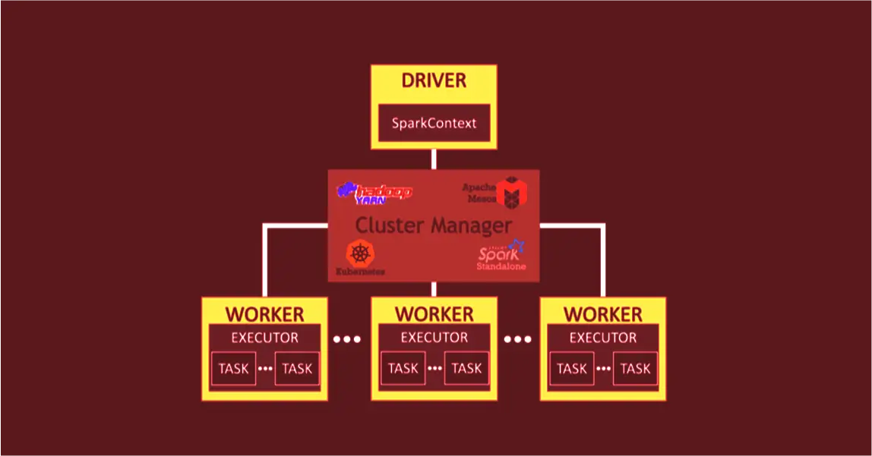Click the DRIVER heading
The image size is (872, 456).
point(434,80)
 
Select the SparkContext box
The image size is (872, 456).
point(434,123)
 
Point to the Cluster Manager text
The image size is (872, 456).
point(434,225)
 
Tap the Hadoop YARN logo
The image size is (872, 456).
point(375,193)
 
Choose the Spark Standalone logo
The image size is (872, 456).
point(501,256)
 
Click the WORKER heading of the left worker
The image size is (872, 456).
point(264,314)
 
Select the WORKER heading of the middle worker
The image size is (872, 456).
point(434,314)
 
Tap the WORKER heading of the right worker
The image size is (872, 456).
point(603,314)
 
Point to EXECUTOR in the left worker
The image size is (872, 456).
point(264,338)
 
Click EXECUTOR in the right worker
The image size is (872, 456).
point(603,338)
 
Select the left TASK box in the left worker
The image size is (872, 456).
point(233,369)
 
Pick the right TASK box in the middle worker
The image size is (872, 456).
point(466,369)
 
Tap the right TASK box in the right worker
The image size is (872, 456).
point(635,369)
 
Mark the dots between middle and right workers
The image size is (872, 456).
point(517,339)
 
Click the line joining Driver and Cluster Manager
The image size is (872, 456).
point(434,159)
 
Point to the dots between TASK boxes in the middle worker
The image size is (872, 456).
point(434,370)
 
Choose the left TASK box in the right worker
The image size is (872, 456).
point(571,369)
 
